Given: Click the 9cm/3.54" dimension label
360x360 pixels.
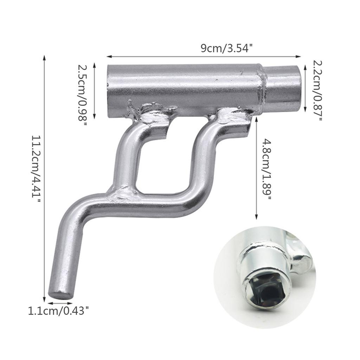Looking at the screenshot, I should (x=227, y=48).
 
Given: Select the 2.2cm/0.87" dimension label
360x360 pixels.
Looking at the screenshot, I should (x=317, y=91).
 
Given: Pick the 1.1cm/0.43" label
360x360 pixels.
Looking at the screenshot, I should (x=58, y=311).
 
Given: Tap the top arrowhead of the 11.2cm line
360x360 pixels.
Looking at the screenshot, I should (x=45, y=56).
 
